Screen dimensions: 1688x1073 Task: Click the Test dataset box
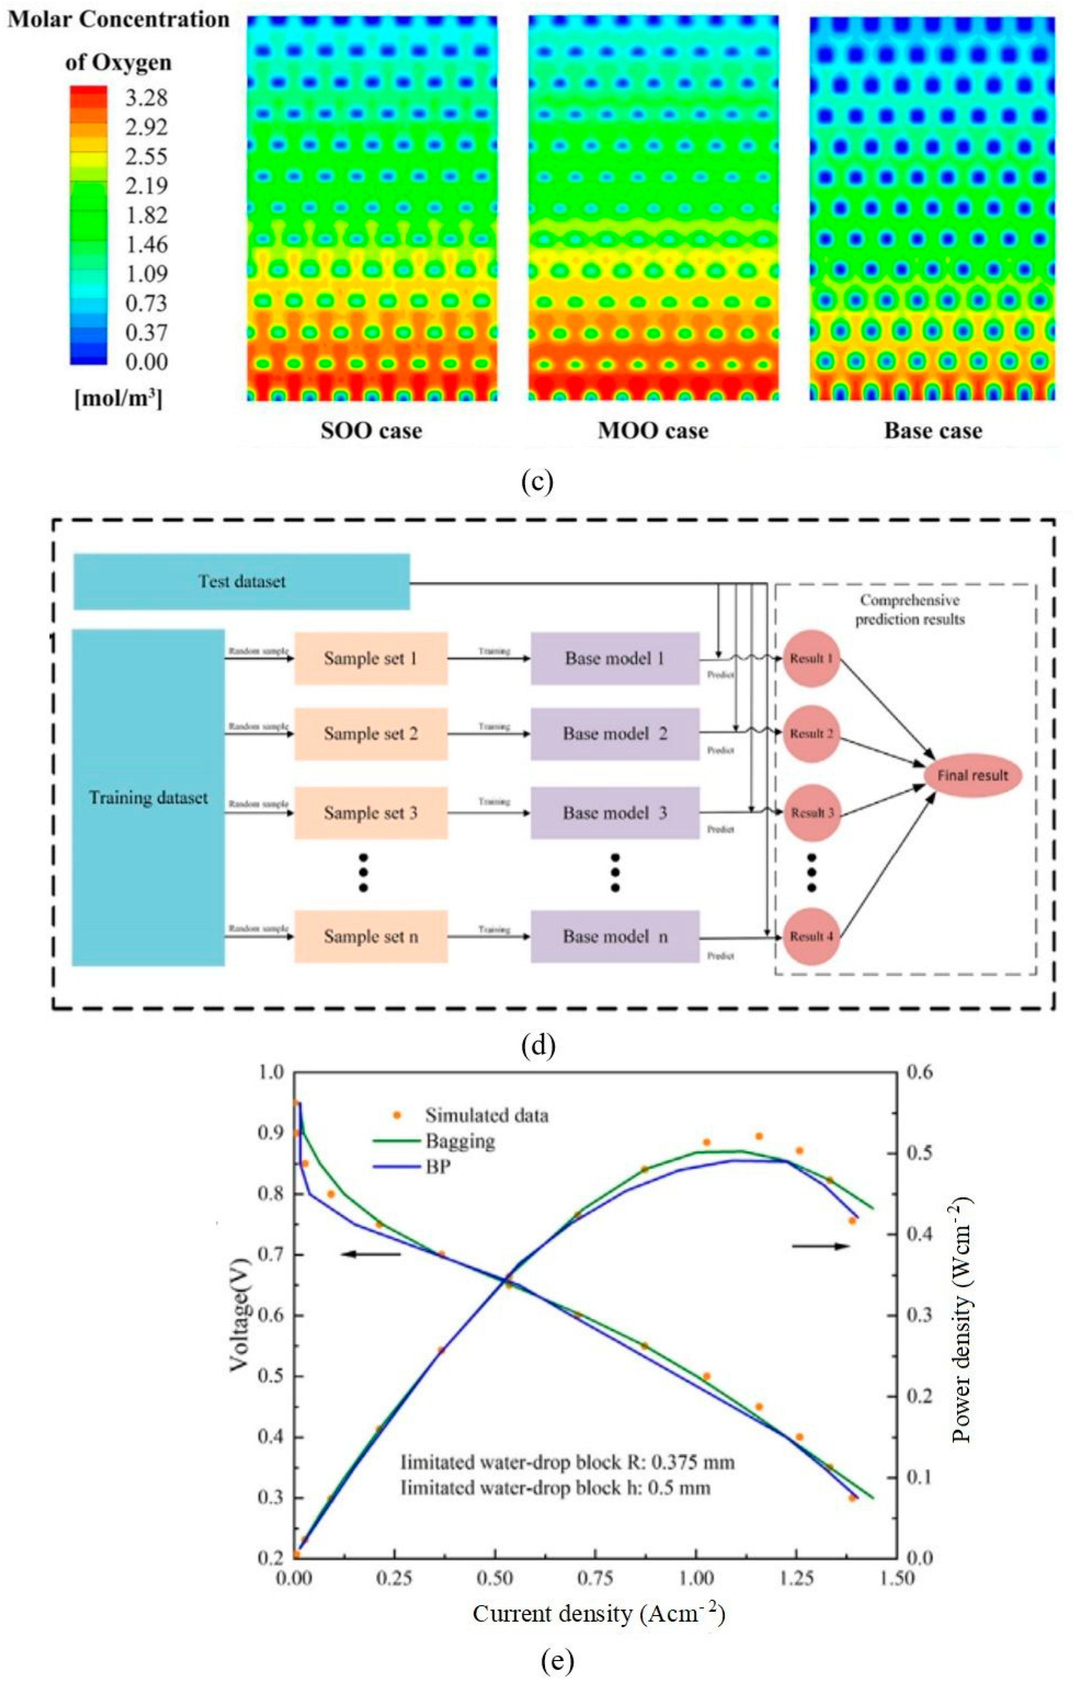pyautogui.click(x=242, y=581)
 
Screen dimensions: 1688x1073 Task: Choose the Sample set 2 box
pyautogui.click(x=371, y=734)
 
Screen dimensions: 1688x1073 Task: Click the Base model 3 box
pyautogui.click(x=615, y=813)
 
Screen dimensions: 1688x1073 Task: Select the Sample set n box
pyautogui.click(x=371, y=937)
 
